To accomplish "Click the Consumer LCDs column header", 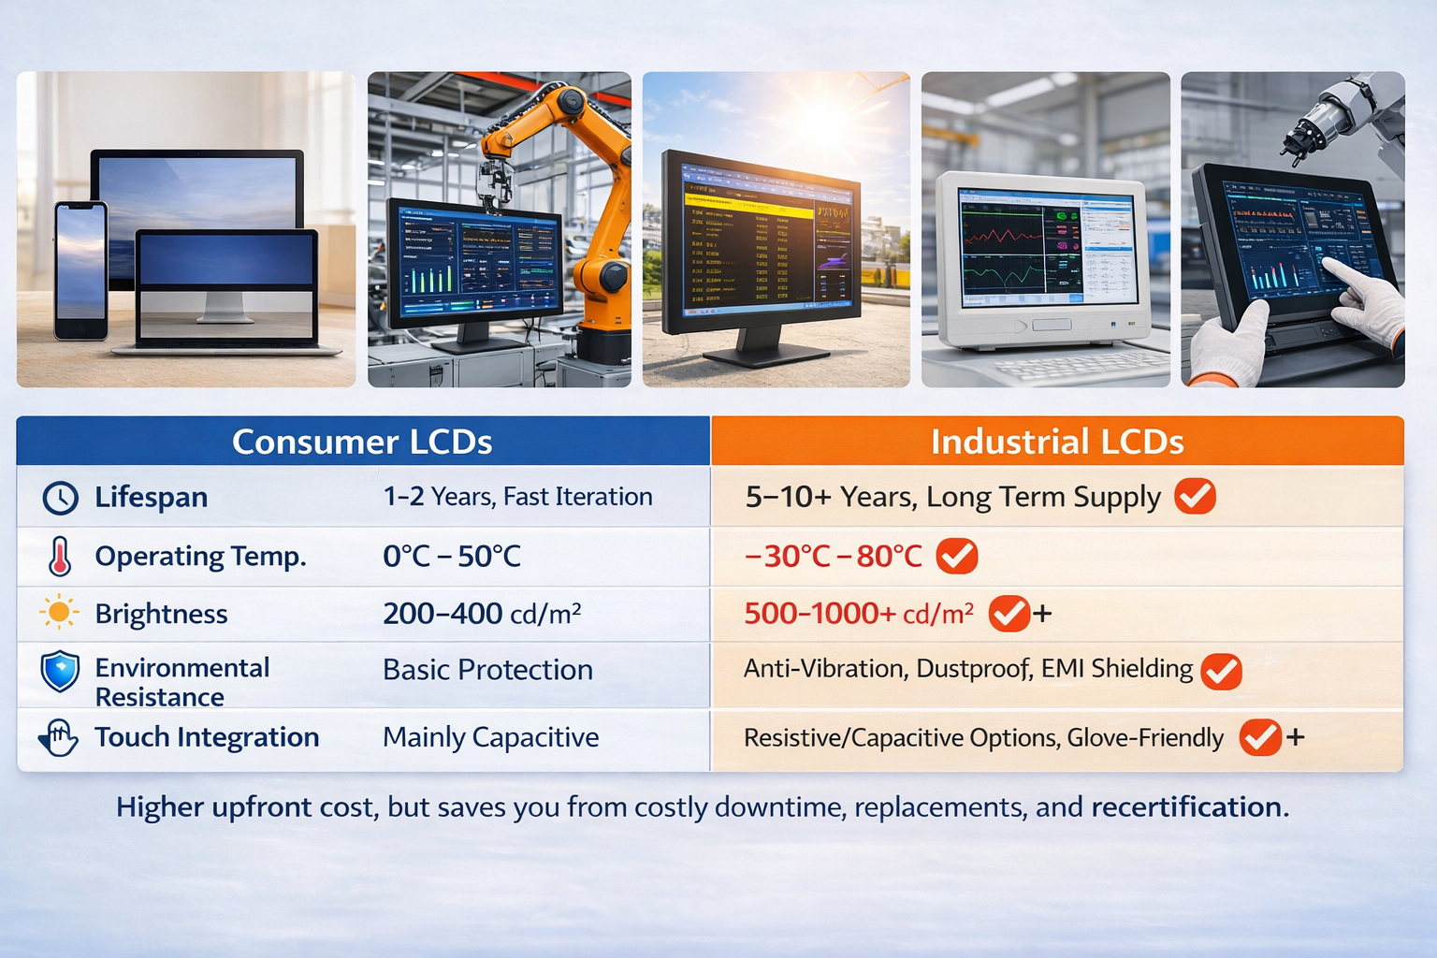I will (x=362, y=442).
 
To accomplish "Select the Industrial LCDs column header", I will (x=1057, y=442).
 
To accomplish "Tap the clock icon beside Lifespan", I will (x=61, y=498).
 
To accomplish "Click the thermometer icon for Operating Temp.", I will (x=60, y=556).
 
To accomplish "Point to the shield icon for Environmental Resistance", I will (x=60, y=672).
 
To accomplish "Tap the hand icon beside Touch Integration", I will (x=59, y=737).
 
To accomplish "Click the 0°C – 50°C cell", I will (x=452, y=557).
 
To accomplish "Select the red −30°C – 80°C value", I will (x=833, y=557).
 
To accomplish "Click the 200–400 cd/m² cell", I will (x=482, y=614).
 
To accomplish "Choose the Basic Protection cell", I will (x=487, y=670).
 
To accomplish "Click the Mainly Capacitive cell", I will (x=490, y=737).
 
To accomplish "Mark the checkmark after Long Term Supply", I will (x=1195, y=496).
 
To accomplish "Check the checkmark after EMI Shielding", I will (x=1221, y=671).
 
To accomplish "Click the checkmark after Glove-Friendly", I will (x=1259, y=737).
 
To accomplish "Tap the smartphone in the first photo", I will (x=80, y=269).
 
